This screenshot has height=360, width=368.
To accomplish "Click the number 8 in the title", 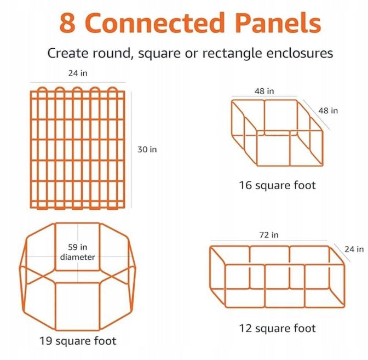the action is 67,23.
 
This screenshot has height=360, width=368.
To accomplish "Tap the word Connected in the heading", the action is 154,22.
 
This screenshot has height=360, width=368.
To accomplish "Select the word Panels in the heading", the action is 278,22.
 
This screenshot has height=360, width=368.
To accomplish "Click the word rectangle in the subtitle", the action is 232,53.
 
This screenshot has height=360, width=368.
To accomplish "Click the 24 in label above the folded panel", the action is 78,73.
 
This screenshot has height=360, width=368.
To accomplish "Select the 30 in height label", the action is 147,150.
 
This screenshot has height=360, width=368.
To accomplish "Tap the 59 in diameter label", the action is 77,252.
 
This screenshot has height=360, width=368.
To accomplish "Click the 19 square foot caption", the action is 78,341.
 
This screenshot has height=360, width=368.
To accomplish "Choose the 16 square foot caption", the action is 278,185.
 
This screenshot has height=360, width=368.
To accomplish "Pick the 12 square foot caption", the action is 278,328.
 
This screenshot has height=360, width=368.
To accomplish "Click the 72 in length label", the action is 269,235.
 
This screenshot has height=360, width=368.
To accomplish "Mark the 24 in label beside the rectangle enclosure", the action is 354,249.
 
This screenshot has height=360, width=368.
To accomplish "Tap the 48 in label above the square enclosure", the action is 264,91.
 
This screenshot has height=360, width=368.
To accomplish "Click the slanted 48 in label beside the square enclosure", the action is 328,111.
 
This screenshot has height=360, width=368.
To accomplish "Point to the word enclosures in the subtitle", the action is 300,53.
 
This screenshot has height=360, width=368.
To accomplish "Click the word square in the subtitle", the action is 159,54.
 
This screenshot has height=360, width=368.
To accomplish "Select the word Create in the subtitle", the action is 67,53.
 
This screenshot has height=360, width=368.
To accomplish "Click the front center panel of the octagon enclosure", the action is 78,306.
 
